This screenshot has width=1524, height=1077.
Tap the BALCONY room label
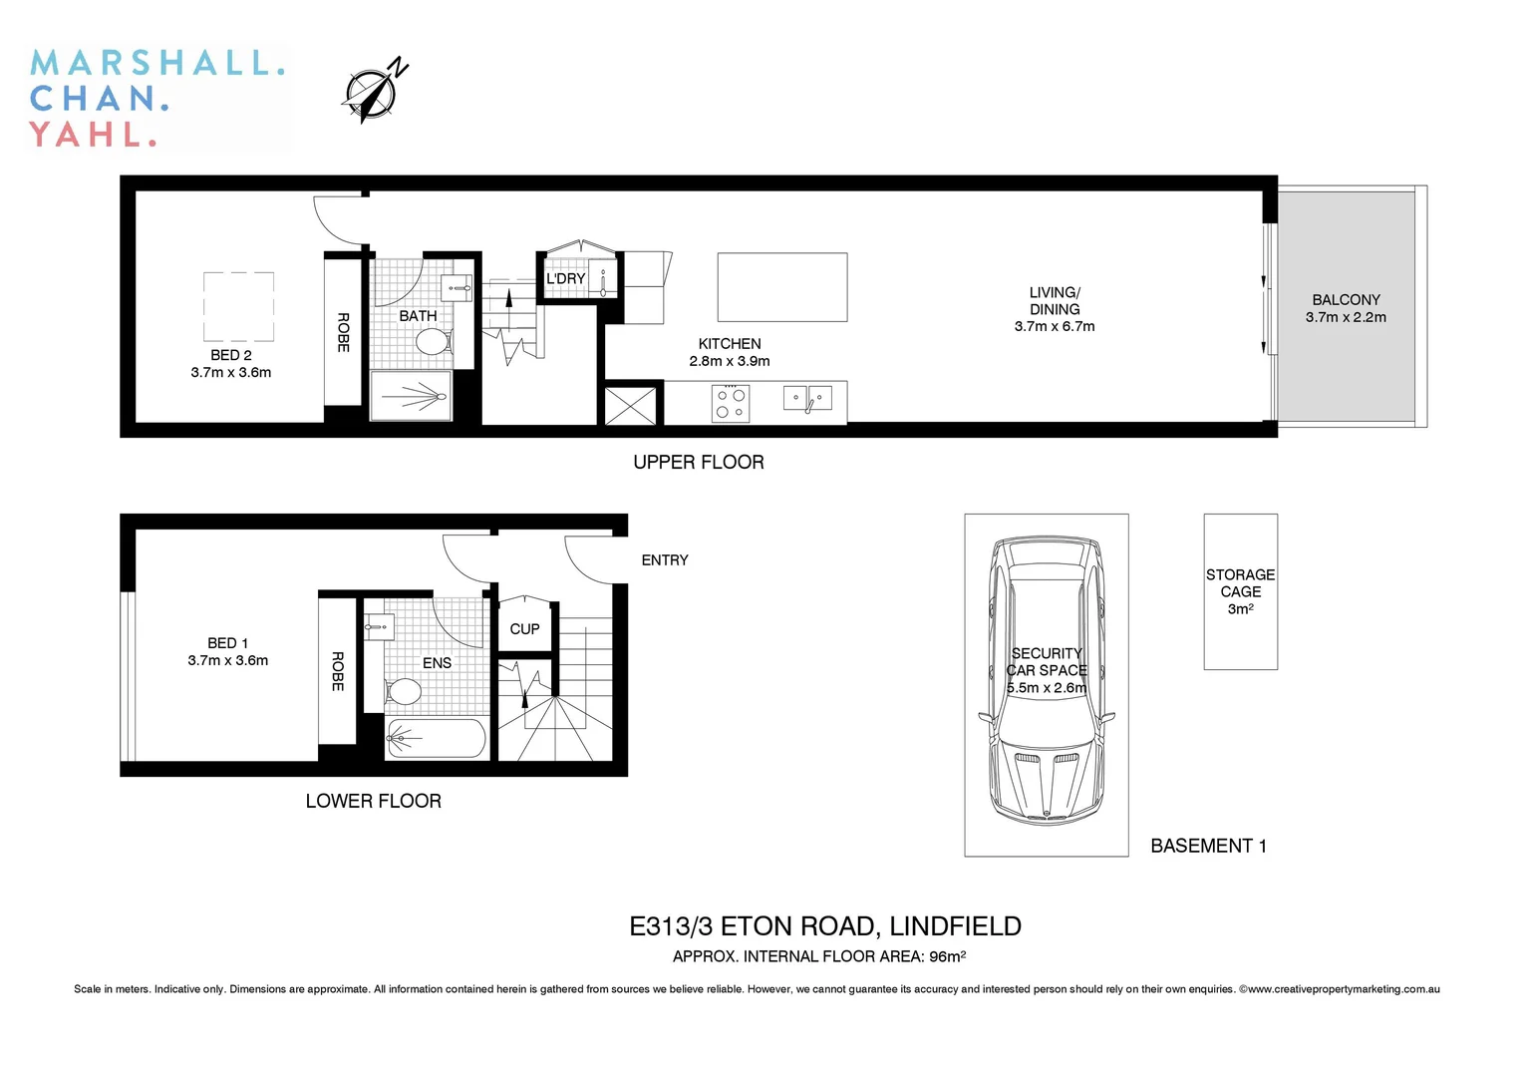click(1346, 300)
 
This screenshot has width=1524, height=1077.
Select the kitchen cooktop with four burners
click(731, 403)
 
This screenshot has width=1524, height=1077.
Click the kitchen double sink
click(807, 399)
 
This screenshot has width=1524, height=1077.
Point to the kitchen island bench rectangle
click(782, 286)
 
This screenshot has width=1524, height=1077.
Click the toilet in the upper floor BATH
click(432, 343)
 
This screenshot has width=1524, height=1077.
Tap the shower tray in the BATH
click(411, 397)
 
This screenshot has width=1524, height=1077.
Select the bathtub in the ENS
click(436, 739)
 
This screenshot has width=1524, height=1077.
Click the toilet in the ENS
click(404, 691)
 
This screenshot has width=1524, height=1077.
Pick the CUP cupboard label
click(524, 629)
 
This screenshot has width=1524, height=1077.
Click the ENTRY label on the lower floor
click(665, 560)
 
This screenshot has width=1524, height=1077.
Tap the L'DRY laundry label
click(565, 278)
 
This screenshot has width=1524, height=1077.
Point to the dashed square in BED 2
click(239, 307)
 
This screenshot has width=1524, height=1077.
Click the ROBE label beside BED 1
click(338, 671)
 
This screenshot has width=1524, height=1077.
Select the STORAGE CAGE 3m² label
click(1240, 591)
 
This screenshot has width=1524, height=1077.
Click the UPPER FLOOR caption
click(699, 462)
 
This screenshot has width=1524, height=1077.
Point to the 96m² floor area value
click(947, 956)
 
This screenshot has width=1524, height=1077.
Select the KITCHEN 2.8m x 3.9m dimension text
click(730, 361)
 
